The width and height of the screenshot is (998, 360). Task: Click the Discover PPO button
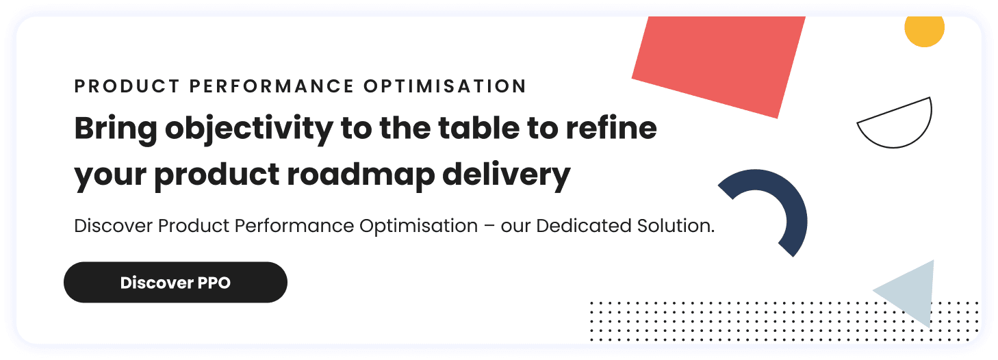175,282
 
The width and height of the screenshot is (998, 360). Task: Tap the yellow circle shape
924,29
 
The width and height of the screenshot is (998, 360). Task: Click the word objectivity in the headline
249,128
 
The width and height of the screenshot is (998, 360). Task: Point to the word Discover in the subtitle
114,227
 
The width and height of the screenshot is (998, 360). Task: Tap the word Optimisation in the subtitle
420,227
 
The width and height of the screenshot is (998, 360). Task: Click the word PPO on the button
215,283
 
